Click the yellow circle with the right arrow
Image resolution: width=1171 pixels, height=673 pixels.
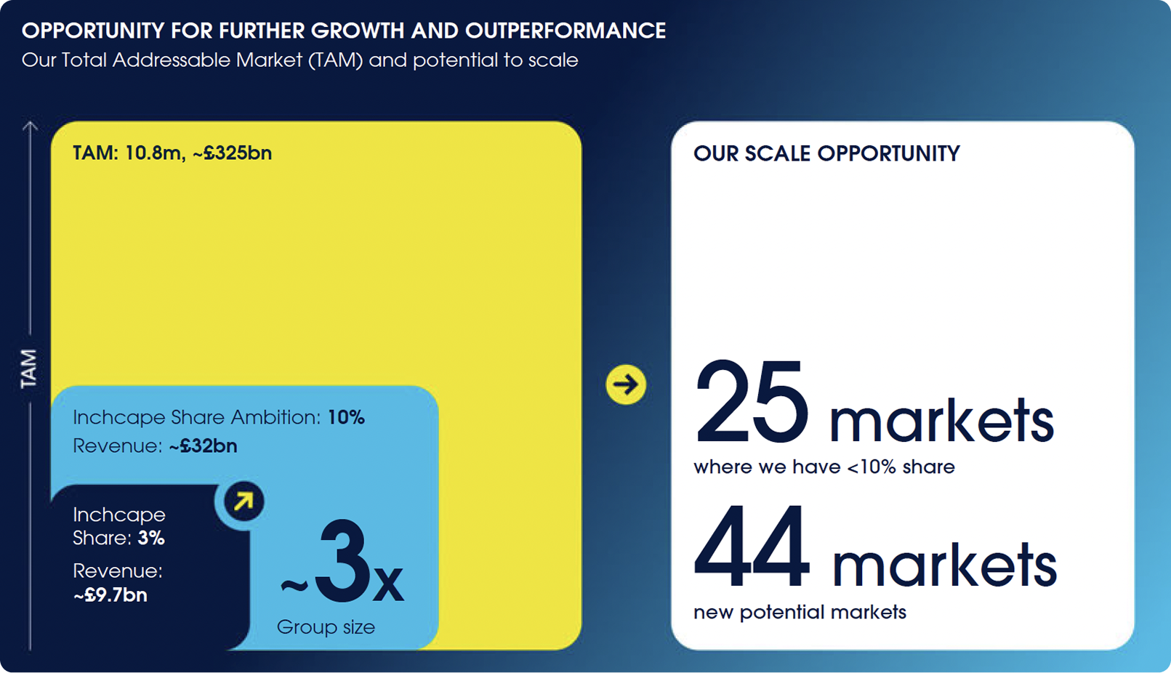626,384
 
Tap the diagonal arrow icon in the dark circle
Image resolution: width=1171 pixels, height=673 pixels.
244,501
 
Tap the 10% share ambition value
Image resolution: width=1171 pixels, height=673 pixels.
346,417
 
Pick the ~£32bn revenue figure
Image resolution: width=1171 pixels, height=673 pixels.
204,446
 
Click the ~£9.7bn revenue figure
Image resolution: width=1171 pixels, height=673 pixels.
110,595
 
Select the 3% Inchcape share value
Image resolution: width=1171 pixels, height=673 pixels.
151,539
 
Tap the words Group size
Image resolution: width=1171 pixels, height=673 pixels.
326,627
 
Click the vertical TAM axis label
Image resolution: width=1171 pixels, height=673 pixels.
29,369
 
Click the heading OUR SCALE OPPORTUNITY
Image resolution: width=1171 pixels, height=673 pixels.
826,153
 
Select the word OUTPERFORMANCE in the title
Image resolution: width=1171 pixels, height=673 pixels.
566,31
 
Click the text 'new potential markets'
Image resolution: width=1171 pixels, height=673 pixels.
800,613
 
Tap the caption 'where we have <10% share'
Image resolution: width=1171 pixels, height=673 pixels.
824,467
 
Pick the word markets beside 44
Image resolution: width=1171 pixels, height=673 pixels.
945,563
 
